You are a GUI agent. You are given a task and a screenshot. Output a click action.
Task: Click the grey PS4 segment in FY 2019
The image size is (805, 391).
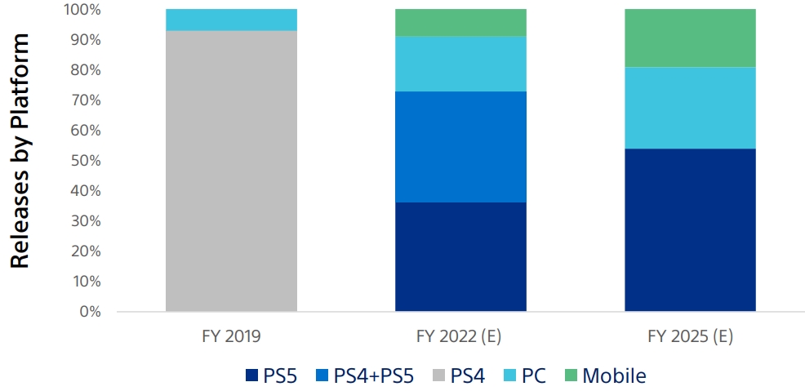[x=231, y=171]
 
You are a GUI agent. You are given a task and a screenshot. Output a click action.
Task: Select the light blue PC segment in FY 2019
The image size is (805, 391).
[x=231, y=20]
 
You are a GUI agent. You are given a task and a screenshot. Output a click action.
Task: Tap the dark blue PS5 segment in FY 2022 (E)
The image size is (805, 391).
[x=460, y=256]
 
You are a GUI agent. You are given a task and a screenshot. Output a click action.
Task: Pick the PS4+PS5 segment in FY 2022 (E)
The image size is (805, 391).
[x=460, y=147]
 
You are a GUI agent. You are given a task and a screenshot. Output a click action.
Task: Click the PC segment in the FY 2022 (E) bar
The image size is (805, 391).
[x=460, y=64]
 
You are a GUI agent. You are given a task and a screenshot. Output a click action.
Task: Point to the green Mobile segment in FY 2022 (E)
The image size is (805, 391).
[x=460, y=23]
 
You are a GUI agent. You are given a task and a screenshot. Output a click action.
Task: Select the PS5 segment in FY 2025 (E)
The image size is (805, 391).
[x=690, y=229]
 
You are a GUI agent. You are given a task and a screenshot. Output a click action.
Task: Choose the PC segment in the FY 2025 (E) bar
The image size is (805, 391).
[x=690, y=107]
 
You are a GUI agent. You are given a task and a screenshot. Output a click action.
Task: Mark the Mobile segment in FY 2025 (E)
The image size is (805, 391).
[x=690, y=38]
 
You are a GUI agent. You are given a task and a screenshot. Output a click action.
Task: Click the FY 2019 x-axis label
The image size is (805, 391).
[x=231, y=334]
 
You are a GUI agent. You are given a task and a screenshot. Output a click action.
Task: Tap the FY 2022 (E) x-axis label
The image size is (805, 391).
[x=460, y=334]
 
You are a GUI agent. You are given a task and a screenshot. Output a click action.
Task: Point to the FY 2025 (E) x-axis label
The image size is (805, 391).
[x=690, y=334]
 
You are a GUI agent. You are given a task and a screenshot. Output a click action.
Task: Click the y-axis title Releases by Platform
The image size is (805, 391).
[x=20, y=151]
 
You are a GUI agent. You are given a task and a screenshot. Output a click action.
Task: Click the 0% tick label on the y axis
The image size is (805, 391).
[x=89, y=312]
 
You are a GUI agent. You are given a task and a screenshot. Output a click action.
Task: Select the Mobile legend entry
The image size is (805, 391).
[x=603, y=375]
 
